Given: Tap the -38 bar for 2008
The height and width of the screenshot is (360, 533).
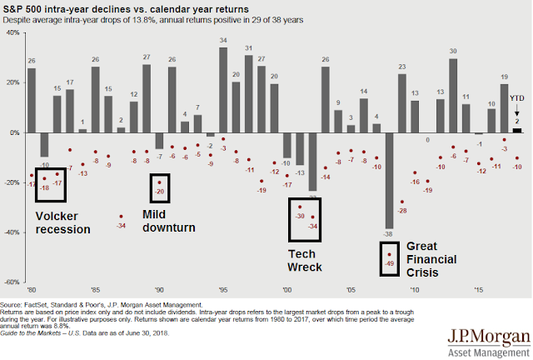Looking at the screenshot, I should coord(389,179).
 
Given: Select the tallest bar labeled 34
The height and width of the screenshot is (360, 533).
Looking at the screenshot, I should coord(223,90).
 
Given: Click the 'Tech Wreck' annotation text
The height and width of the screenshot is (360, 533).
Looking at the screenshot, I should coord(304,260).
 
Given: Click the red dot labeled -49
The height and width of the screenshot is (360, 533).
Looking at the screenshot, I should coord(389,254).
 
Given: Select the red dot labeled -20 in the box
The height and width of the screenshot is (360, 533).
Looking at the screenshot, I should coord(159,182).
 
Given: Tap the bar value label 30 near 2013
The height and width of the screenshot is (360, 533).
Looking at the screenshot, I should coord(453,51).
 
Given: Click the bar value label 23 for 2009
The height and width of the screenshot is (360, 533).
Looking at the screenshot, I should coord(402,67).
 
